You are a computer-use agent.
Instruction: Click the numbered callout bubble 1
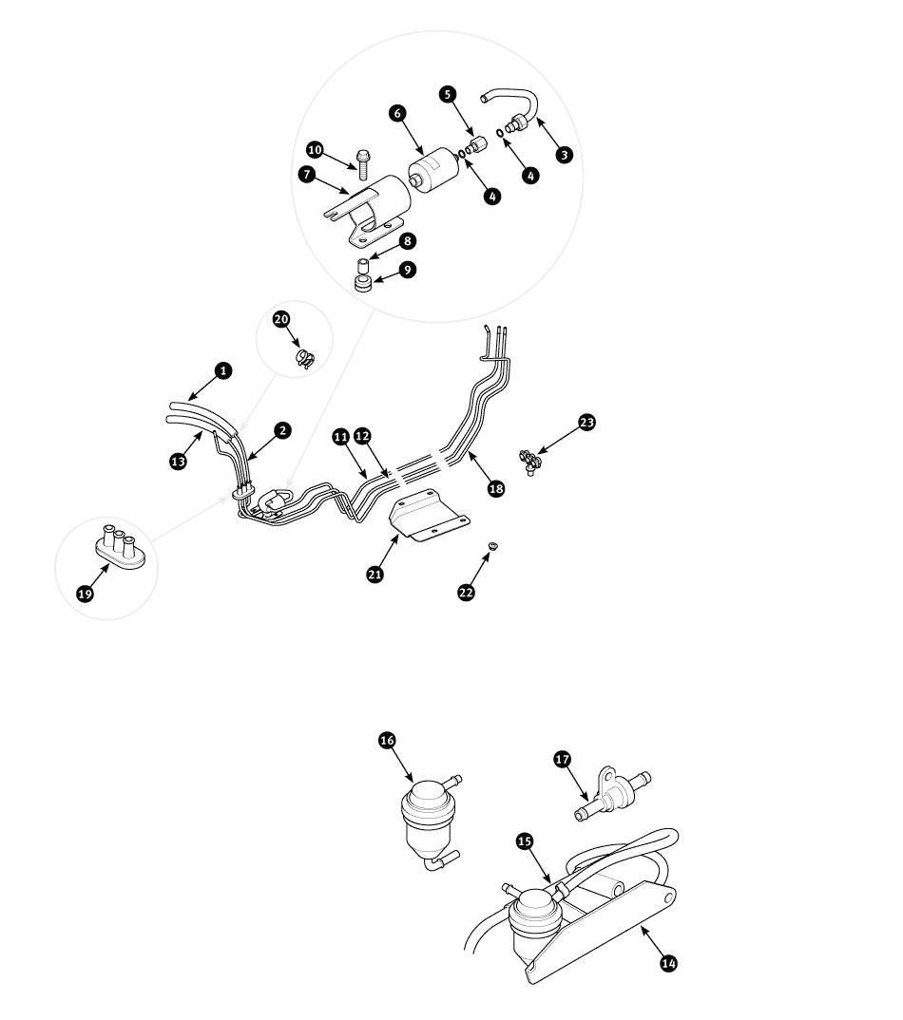tap(222, 370)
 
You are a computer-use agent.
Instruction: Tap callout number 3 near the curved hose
tap(565, 154)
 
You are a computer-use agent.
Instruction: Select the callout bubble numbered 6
tap(397, 113)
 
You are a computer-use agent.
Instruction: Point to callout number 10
tap(316, 150)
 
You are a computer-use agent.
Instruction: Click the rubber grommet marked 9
tap(362, 285)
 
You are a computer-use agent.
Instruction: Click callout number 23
tap(586, 422)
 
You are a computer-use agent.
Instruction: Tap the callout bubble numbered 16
tap(385, 741)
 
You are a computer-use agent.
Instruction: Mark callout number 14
tap(669, 962)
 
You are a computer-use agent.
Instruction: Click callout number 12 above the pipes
tap(361, 435)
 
